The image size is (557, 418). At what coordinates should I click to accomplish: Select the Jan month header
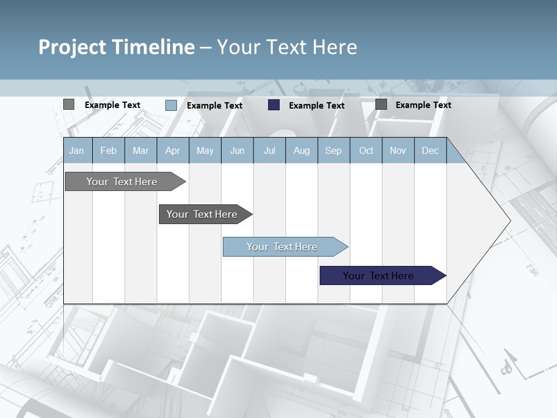click(x=77, y=151)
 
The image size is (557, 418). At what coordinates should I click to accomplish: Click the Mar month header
click(x=140, y=151)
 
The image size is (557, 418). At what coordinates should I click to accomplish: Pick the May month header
click(x=205, y=151)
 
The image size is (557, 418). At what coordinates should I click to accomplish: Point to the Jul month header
click(x=269, y=151)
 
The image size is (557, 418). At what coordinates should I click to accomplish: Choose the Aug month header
click(x=301, y=151)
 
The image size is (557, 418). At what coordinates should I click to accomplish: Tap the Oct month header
click(x=366, y=151)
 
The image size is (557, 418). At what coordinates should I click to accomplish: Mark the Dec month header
click(x=430, y=151)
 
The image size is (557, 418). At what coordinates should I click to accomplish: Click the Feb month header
click(x=108, y=151)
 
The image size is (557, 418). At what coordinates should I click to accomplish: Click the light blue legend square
click(x=171, y=105)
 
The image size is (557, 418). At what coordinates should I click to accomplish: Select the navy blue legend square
click(x=274, y=105)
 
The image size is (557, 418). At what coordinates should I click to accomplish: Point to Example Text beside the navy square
click(x=316, y=106)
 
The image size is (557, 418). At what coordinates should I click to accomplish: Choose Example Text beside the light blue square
click(x=214, y=106)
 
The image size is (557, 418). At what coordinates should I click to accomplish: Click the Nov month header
click(x=398, y=151)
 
